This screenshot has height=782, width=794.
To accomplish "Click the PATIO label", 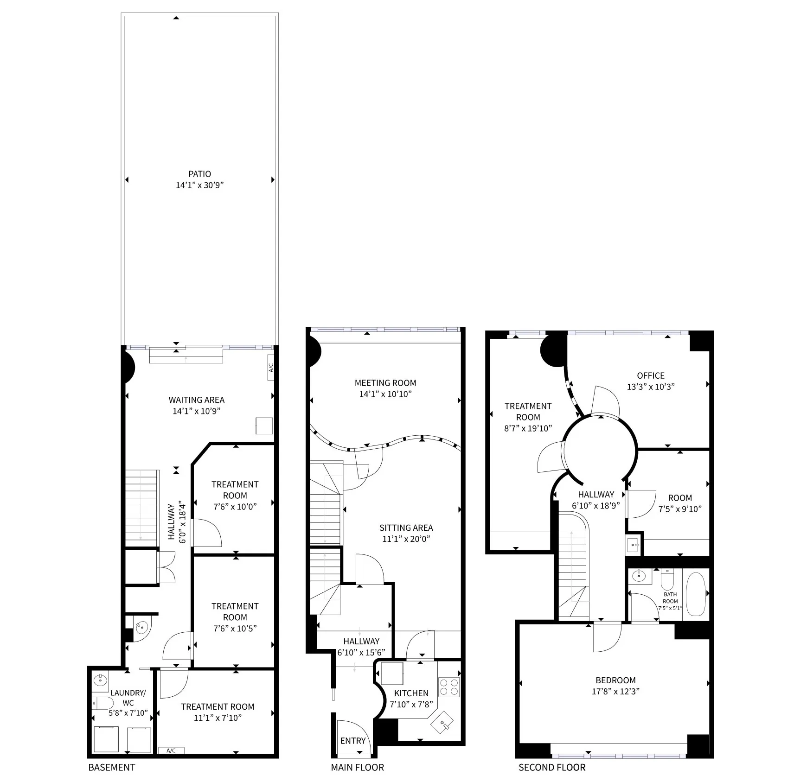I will click(x=199, y=174).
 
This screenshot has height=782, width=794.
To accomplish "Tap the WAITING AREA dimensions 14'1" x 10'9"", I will click(x=196, y=411).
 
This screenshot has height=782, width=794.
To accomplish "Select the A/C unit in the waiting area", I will click(x=271, y=368).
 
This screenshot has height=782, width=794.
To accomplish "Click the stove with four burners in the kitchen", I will click(x=448, y=687).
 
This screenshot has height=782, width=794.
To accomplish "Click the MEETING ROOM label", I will click(x=385, y=383).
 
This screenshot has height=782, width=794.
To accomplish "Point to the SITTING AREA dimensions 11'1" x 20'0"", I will click(x=406, y=539).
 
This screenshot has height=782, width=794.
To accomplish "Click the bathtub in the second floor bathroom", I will click(x=696, y=594).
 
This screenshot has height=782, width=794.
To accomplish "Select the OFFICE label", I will click(x=651, y=375).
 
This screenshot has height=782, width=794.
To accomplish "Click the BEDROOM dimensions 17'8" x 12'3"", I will click(x=615, y=692).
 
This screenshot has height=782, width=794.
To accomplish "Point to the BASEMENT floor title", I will click(x=112, y=767).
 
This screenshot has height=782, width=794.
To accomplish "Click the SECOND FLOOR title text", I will click(x=552, y=767).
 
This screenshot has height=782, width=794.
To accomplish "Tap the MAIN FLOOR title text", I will click(x=357, y=767).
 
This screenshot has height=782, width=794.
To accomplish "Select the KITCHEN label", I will click(x=411, y=693).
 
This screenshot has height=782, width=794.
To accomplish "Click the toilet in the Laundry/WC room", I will click(x=102, y=703).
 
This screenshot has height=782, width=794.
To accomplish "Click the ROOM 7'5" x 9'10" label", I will click(x=680, y=498).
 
